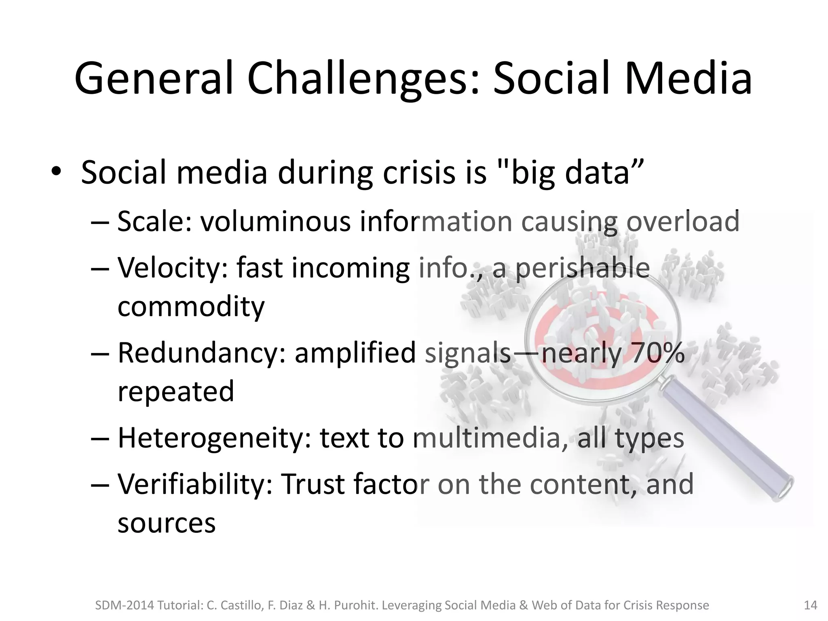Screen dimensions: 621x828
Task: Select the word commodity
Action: click(x=191, y=306)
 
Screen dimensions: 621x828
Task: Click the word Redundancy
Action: click(x=202, y=353)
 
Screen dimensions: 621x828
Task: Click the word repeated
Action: click(x=175, y=391)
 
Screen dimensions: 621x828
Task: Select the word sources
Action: click(x=166, y=523)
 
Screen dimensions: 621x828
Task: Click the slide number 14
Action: click(x=811, y=605)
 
